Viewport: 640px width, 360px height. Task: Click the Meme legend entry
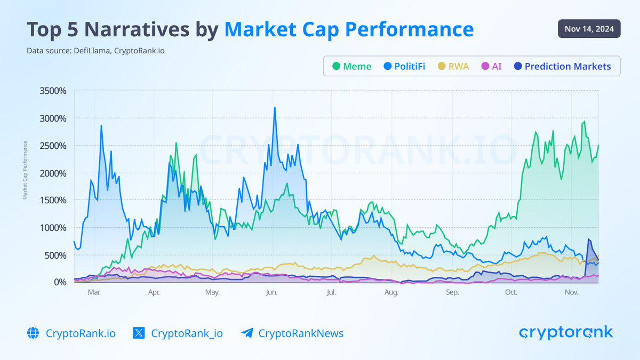[351, 67]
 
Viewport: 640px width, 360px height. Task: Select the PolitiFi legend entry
[404, 67]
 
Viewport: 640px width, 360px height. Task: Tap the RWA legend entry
[453, 67]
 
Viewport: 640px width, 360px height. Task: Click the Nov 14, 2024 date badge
[589, 29]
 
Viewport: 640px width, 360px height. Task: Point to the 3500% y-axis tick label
[53, 91]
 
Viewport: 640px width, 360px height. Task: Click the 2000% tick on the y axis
[53, 173]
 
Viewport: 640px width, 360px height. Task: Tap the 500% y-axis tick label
[55, 255]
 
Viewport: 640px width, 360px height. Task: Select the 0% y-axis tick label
[59, 282]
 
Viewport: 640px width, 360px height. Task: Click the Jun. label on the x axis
[271, 292]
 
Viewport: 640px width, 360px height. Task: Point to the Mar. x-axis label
[94, 292]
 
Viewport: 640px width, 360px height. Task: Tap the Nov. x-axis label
[571, 292]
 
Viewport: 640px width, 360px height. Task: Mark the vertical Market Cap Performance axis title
[25, 170]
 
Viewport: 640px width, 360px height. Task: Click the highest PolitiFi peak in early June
[275, 108]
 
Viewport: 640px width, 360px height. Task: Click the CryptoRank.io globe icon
[33, 333]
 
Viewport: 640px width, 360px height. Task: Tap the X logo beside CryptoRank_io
[139, 333]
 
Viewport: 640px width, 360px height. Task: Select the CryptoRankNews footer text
[301, 333]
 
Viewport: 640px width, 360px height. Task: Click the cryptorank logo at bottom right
[566, 333]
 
